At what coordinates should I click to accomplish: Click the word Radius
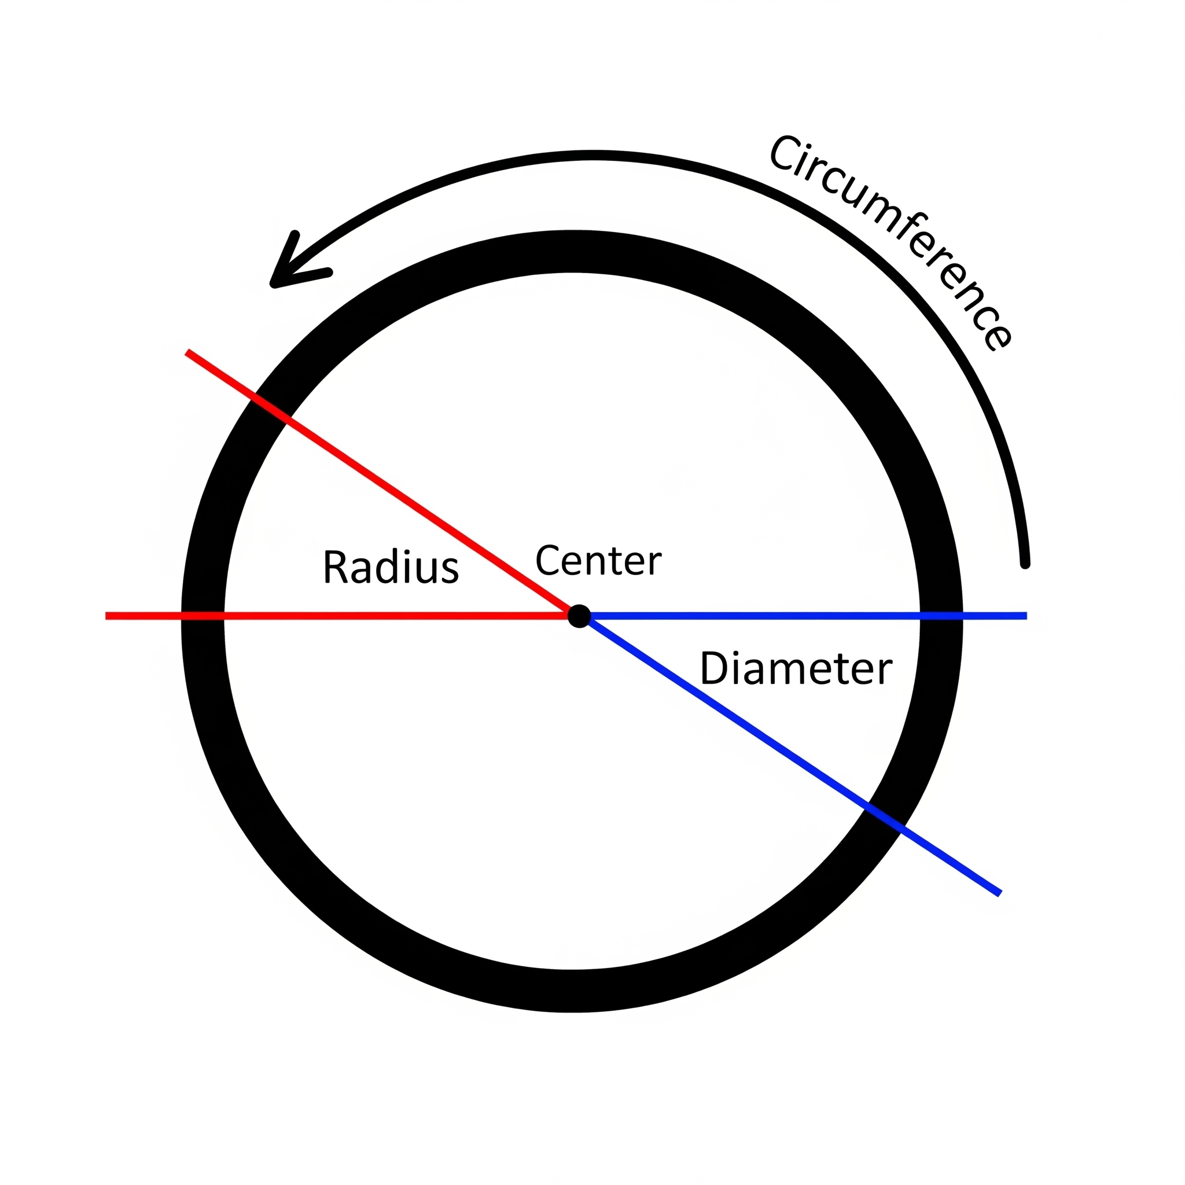click(391, 568)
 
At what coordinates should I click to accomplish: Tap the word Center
click(598, 560)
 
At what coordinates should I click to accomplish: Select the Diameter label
click(796, 668)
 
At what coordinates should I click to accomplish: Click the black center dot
click(579, 616)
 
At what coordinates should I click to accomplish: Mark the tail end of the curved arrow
click(1025, 563)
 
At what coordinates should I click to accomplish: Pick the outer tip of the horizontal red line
click(108, 616)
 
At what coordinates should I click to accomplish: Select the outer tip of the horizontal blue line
click(1025, 616)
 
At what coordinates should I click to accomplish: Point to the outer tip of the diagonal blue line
click(999, 893)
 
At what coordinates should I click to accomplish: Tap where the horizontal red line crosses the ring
click(203, 616)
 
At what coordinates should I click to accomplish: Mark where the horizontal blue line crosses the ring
click(941, 616)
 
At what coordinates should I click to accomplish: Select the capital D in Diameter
click(713, 668)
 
